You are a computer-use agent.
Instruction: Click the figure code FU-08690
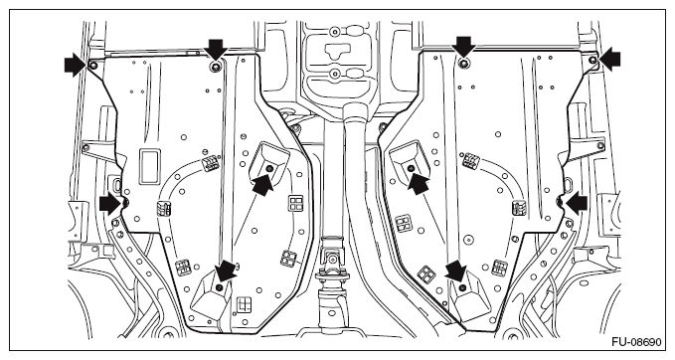tap(636, 342)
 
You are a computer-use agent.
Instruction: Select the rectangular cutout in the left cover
tap(150, 166)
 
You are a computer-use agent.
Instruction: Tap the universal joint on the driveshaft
tap(332, 260)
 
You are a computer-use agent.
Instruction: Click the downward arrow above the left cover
tap(216, 49)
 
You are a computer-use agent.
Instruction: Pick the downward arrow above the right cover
tap(463, 47)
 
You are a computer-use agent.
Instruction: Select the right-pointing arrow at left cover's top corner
tap(76, 65)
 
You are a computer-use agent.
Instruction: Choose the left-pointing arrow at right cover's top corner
tap(609, 59)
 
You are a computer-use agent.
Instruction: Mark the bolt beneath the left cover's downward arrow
tap(216, 67)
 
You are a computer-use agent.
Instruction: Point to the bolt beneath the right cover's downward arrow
tap(463, 64)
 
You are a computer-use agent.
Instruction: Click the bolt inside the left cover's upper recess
tap(270, 167)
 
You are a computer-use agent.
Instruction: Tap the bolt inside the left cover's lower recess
tap(220, 287)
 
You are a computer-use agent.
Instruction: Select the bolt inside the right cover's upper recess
tap(410, 167)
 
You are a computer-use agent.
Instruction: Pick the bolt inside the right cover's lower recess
tap(462, 287)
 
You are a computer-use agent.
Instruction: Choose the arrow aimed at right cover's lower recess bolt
tap(456, 270)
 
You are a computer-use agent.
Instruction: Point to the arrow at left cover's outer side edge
tap(110, 203)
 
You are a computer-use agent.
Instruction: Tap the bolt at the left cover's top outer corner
tap(92, 66)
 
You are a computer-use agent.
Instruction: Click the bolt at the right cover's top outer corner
tap(592, 60)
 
